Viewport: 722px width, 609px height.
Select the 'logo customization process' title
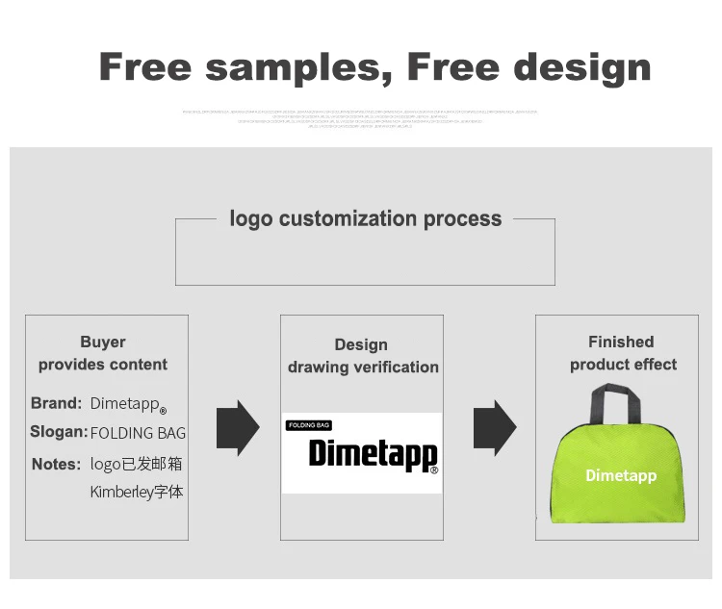[x=365, y=219]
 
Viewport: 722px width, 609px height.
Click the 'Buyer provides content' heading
[x=103, y=353]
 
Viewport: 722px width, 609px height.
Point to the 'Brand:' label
[x=56, y=403]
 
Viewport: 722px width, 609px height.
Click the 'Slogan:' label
[x=59, y=433]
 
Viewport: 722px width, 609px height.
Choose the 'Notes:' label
[x=56, y=465]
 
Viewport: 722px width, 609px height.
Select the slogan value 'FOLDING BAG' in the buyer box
[x=138, y=434]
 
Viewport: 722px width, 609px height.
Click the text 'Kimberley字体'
[x=136, y=493]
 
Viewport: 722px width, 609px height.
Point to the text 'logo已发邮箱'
[x=136, y=465]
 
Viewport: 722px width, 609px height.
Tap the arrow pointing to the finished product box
[x=494, y=427]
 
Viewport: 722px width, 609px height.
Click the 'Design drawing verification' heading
[x=362, y=356]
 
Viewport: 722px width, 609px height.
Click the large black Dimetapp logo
[x=372, y=452]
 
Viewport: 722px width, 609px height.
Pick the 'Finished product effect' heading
[x=622, y=353]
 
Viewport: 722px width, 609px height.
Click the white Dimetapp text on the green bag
[x=621, y=475]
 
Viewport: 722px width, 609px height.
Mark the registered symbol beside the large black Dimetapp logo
[x=434, y=470]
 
